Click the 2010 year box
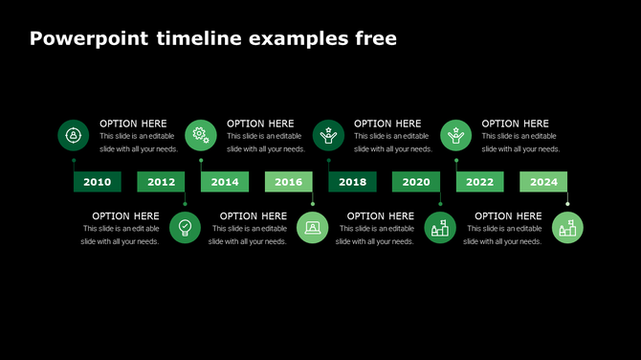click(x=98, y=182)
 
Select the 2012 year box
click(x=161, y=182)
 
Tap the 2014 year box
click(x=225, y=182)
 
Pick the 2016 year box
click(x=288, y=182)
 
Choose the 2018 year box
click(x=352, y=182)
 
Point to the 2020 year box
click(x=415, y=182)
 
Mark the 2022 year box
click(x=479, y=182)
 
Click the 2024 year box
click(x=543, y=182)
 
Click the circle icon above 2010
click(x=74, y=135)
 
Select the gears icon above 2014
click(x=201, y=135)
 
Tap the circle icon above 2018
click(x=328, y=135)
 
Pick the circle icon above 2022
click(x=455, y=135)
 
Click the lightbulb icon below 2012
click(x=186, y=228)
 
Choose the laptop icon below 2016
click(x=313, y=228)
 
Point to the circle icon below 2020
click(x=440, y=228)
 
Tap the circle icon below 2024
click(x=567, y=228)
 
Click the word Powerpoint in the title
click(x=88, y=39)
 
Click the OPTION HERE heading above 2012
click(x=133, y=124)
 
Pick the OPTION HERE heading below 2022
click(x=508, y=216)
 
